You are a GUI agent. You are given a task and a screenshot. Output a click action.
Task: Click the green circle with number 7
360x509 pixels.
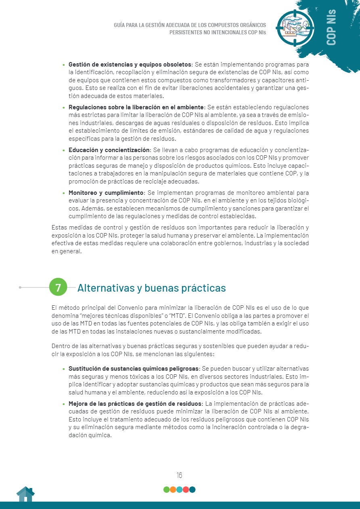point(58,288)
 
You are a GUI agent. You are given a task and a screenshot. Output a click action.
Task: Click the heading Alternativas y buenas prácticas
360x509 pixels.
point(151,288)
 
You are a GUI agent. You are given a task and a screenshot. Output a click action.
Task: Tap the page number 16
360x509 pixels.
point(179,475)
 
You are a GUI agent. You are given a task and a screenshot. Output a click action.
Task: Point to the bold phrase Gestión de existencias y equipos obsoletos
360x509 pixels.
point(130,65)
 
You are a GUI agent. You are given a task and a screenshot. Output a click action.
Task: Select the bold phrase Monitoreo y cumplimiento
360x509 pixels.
point(106,193)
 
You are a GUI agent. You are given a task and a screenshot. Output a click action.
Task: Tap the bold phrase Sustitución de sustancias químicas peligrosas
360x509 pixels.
point(134,369)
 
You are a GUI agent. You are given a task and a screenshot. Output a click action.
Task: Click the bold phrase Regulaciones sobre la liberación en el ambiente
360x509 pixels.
point(136,107)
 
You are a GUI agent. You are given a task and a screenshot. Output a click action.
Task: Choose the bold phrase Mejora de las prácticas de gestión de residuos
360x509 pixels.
point(135,404)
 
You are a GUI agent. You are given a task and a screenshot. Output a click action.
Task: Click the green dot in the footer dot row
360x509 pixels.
point(166,490)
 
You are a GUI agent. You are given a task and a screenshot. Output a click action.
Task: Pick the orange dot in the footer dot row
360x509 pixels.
point(173,490)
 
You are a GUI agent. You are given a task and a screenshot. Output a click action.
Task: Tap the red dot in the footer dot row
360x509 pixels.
point(186,490)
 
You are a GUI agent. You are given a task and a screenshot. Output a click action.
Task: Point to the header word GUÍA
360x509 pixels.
point(120,25)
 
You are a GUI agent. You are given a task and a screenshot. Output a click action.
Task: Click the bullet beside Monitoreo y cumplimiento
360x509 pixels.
point(63,193)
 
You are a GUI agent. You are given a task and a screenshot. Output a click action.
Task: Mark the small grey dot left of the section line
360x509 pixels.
point(20,288)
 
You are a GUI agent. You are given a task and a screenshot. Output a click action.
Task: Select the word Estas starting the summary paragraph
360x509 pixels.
point(59,227)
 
